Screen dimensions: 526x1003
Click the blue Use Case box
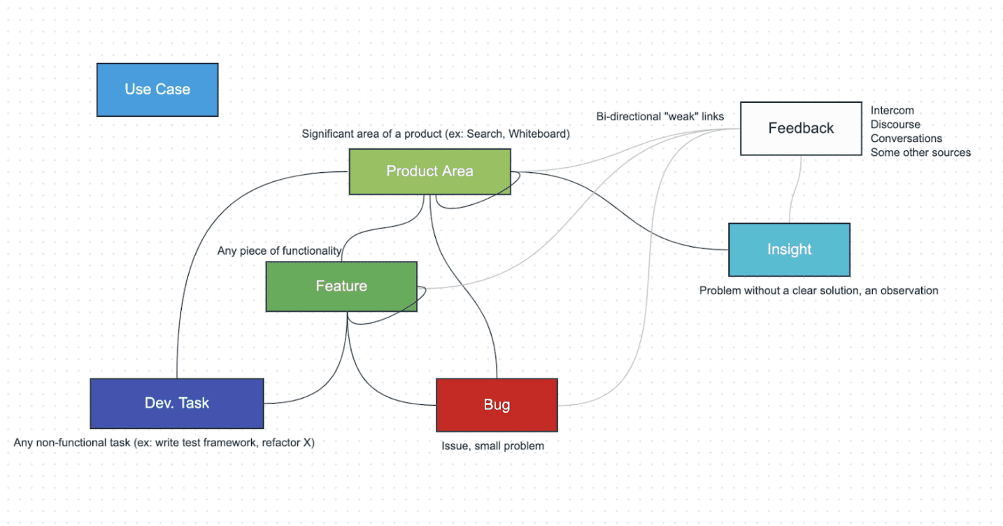(x=157, y=90)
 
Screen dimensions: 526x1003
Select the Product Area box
(x=429, y=171)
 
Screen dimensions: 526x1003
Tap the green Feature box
(x=341, y=286)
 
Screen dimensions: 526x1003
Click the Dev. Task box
(x=176, y=403)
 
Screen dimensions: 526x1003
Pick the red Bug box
(x=497, y=405)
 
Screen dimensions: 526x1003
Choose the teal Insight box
(x=789, y=250)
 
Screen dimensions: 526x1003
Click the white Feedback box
(x=801, y=128)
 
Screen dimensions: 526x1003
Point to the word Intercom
(x=892, y=111)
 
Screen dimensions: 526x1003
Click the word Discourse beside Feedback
(x=895, y=125)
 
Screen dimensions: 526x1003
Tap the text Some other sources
(x=920, y=152)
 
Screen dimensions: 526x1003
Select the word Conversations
(x=906, y=138)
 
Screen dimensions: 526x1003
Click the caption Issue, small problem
(x=492, y=446)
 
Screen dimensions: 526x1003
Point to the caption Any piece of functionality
(x=279, y=250)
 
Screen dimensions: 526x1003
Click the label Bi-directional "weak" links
(x=660, y=116)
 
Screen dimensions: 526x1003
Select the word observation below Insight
(x=906, y=290)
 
